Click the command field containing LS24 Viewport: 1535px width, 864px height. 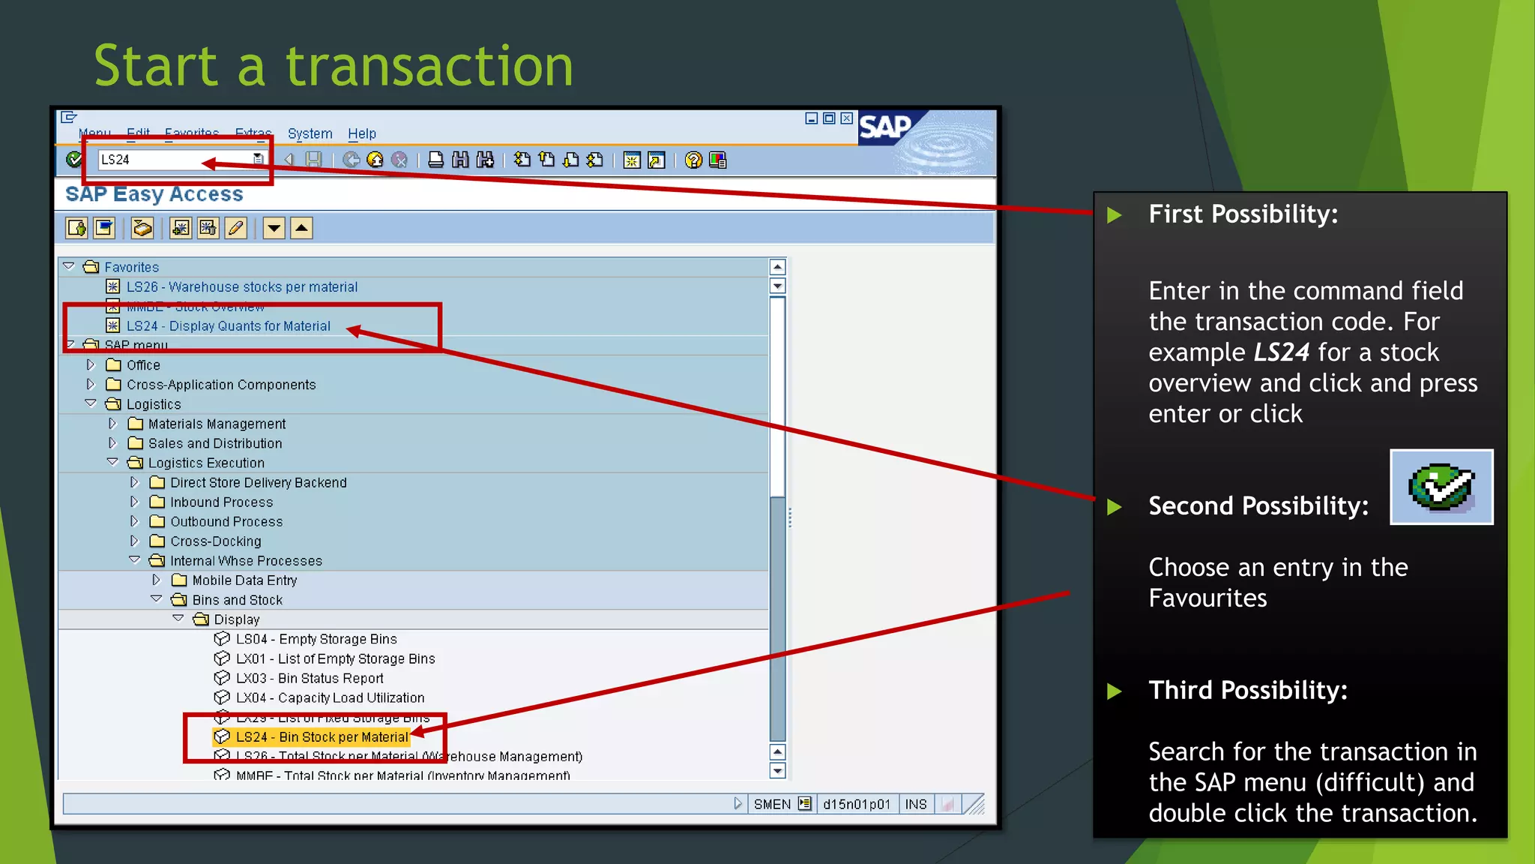coord(176,160)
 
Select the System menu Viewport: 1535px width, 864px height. coord(310,133)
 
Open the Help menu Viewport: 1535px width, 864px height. coord(361,133)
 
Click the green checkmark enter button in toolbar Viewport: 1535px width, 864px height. coord(74,160)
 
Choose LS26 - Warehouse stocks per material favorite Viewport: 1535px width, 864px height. coord(241,287)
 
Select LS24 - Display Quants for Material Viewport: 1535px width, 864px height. coord(228,326)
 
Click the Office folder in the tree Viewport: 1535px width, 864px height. coord(143,365)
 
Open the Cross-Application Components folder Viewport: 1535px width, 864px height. coord(221,385)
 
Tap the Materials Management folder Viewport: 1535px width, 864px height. coord(217,424)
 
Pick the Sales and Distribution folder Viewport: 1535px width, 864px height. coord(215,443)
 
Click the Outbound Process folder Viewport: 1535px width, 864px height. coord(226,521)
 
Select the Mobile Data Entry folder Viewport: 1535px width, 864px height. coord(244,580)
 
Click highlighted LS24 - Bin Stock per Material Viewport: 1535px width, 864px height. coord(322,737)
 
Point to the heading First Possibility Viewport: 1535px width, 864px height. coord(1243,214)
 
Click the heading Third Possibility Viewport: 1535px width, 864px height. coord(1248,690)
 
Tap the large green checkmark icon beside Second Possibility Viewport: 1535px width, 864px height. coord(1441,487)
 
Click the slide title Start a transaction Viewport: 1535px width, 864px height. coord(334,66)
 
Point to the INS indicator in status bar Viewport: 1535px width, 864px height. coord(915,805)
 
